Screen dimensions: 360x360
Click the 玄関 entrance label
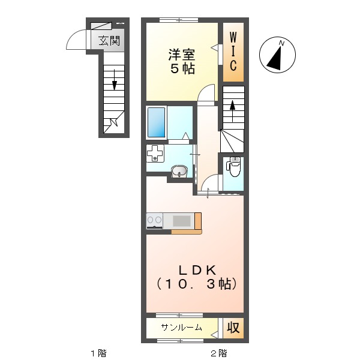click(109, 41)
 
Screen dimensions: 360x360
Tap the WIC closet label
click(233, 52)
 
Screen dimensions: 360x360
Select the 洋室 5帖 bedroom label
click(182, 61)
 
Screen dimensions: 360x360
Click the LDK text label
click(197, 270)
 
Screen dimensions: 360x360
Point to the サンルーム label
click(181, 328)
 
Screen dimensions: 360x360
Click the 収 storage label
click(233, 328)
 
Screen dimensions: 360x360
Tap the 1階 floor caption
click(99, 353)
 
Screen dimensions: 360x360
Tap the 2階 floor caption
click(219, 353)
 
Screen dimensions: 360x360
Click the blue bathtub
click(157, 122)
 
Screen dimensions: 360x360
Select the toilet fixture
click(234, 166)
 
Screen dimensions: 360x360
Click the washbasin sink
click(179, 171)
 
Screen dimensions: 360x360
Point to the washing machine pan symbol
click(155, 154)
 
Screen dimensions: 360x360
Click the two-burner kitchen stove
click(155, 221)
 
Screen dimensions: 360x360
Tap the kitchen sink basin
click(182, 221)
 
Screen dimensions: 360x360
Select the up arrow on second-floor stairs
click(233, 111)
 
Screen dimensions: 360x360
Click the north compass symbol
click(277, 55)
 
